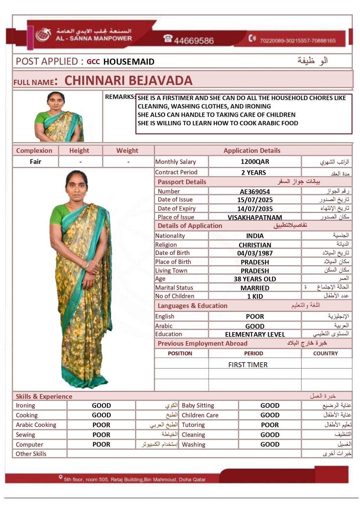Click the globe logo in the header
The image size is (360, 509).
click(43, 35)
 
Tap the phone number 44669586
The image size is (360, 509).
click(193, 40)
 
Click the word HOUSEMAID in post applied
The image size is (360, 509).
click(129, 62)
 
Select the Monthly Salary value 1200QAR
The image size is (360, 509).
click(255, 162)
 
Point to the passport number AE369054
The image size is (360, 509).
click(255, 192)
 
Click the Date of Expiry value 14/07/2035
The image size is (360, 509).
click(255, 209)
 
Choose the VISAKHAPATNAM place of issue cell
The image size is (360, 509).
click(255, 218)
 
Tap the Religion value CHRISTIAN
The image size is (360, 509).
click(255, 245)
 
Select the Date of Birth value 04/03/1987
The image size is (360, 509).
click(255, 253)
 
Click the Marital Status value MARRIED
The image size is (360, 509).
click(255, 288)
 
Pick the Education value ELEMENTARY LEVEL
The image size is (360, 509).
click(255, 334)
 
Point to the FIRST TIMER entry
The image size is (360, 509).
click(248, 365)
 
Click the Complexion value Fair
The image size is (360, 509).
click(35, 162)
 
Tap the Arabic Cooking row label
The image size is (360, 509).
click(36, 425)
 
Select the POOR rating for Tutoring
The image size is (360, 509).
click(270, 425)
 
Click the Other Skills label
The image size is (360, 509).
click(31, 454)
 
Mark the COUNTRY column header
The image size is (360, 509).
click(325, 354)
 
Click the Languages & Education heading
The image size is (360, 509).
click(192, 306)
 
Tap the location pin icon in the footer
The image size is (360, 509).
click(60, 477)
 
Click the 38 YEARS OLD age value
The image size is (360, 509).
click(255, 279)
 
